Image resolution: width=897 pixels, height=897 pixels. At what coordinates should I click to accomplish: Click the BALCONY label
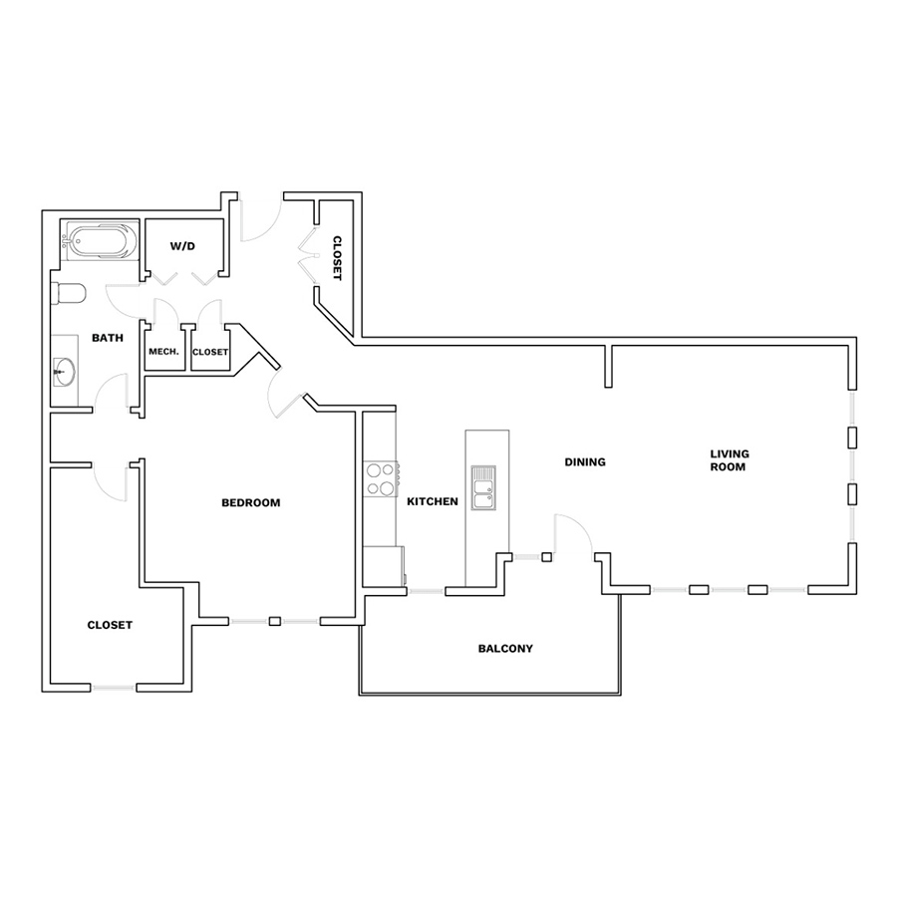[505, 648]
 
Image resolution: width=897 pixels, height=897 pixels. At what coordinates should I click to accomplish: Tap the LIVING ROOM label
[730, 459]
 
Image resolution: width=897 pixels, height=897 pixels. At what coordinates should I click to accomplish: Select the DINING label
[585, 461]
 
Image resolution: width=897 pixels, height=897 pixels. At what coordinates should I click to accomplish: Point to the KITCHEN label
[433, 501]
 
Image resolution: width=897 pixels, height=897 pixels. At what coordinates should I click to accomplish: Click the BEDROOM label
[250, 502]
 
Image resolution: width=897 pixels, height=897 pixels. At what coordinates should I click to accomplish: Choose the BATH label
[108, 338]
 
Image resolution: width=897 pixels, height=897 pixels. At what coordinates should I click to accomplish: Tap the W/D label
[182, 246]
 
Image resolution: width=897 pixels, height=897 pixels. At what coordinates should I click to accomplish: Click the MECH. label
[163, 351]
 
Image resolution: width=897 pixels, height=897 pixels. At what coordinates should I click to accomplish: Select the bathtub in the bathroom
[101, 241]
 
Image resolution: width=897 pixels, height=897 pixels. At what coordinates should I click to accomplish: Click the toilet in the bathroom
[68, 294]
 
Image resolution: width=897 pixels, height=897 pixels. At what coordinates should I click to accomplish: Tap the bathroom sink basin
[64, 372]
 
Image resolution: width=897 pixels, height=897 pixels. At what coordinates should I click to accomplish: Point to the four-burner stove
[382, 478]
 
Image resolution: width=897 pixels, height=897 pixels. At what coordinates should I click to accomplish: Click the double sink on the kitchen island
[483, 487]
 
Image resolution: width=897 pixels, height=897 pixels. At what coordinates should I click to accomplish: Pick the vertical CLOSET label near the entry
[337, 258]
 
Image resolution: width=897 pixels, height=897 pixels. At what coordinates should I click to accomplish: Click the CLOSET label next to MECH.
[210, 352]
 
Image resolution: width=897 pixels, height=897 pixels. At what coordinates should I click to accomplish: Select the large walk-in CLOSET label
[110, 625]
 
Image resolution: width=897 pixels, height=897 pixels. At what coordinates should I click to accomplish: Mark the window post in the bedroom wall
[275, 621]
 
